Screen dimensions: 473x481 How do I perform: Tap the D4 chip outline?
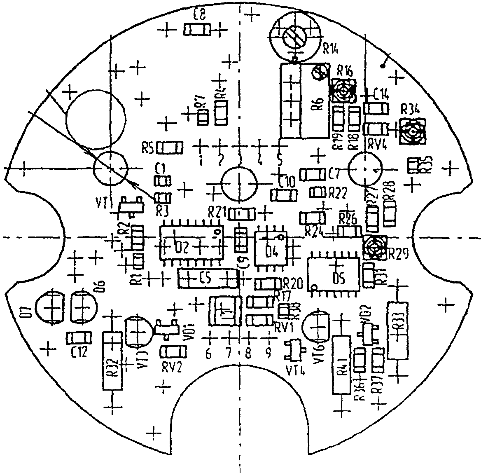click(x=271, y=248)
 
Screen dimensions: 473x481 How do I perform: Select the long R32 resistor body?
click(x=112, y=361)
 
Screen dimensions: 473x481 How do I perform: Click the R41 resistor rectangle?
click(x=342, y=365)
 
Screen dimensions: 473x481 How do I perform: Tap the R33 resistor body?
click(x=397, y=331)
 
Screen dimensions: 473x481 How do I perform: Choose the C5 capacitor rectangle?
click(x=208, y=279)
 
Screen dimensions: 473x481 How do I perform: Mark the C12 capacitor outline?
click(x=79, y=338)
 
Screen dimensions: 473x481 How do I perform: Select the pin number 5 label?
click(x=280, y=159)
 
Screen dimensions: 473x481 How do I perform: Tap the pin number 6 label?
click(x=208, y=353)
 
